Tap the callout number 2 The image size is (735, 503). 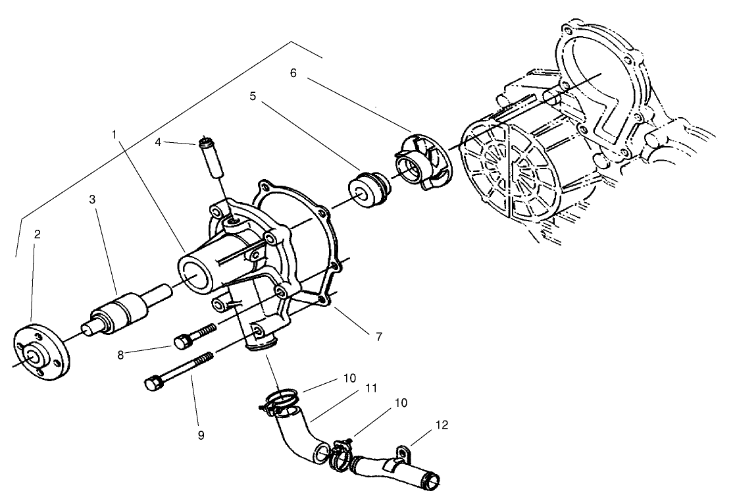click(x=38, y=234)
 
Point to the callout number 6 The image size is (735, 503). click(x=293, y=73)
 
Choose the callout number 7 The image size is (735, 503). click(x=378, y=336)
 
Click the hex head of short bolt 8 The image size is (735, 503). click(x=182, y=342)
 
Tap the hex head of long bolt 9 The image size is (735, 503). click(x=152, y=384)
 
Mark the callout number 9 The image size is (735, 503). click(x=201, y=435)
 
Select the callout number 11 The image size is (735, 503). click(x=371, y=388)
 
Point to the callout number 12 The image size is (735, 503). click(x=442, y=425)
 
